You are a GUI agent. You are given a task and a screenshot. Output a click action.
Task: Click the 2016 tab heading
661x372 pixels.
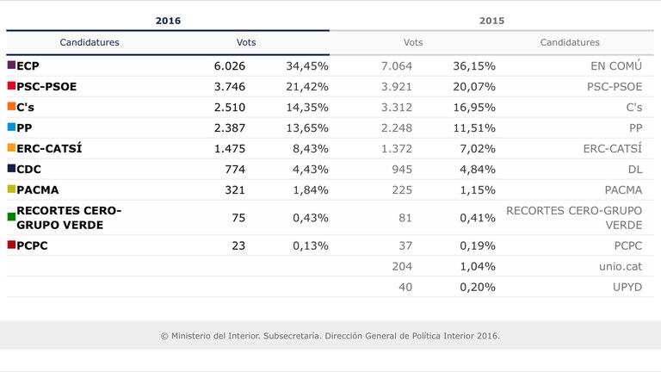[x=168, y=21]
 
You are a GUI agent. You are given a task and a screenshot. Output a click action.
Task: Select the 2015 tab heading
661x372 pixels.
[x=491, y=21]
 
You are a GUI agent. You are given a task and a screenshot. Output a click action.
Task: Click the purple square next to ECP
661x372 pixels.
[x=11, y=65]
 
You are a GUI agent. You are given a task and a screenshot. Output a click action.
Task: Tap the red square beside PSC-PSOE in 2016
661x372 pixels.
[x=11, y=86]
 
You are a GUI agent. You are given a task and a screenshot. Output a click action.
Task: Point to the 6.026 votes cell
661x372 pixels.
[x=229, y=65]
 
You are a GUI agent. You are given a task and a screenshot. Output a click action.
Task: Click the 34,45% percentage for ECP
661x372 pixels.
[x=307, y=65]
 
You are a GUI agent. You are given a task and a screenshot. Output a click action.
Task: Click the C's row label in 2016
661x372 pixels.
[x=26, y=107]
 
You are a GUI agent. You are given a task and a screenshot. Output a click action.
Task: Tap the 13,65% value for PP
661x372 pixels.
[x=307, y=127]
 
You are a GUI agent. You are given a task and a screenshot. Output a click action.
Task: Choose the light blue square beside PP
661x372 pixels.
[x=11, y=127]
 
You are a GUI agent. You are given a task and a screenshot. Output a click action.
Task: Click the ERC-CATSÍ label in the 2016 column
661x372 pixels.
[x=49, y=148]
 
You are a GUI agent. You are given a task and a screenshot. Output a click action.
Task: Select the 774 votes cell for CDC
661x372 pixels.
[x=234, y=169]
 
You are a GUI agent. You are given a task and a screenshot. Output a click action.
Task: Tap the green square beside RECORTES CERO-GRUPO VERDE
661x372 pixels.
[x=11, y=218]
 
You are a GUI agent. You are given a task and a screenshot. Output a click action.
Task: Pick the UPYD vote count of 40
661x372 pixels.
[x=405, y=287]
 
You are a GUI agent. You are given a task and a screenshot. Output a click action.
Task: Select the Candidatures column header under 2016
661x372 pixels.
[x=90, y=42]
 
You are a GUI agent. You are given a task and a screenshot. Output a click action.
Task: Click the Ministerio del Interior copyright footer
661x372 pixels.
[x=330, y=336]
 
